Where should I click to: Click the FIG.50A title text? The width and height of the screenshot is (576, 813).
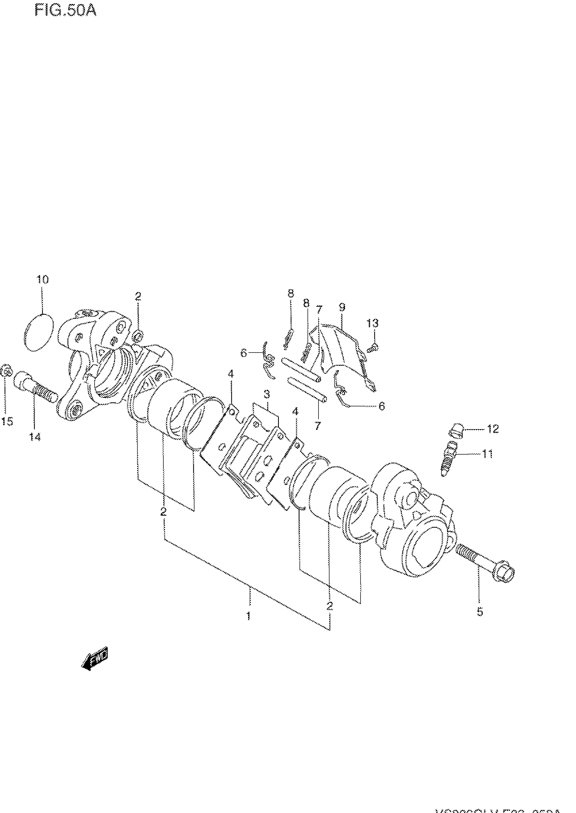pyautogui.click(x=65, y=11)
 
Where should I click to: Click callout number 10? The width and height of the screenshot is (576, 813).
pyautogui.click(x=42, y=279)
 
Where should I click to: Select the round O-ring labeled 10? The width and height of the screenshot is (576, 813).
pyautogui.click(x=39, y=333)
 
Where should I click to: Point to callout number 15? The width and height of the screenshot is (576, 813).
pyautogui.click(x=7, y=421)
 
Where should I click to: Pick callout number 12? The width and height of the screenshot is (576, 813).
pyautogui.click(x=493, y=429)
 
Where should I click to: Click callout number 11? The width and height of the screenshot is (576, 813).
pyautogui.click(x=487, y=454)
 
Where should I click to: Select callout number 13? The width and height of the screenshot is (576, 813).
pyautogui.click(x=372, y=323)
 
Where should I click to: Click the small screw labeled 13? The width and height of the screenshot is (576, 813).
pyautogui.click(x=373, y=348)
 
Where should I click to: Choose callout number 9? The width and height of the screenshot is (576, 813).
pyautogui.click(x=342, y=307)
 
